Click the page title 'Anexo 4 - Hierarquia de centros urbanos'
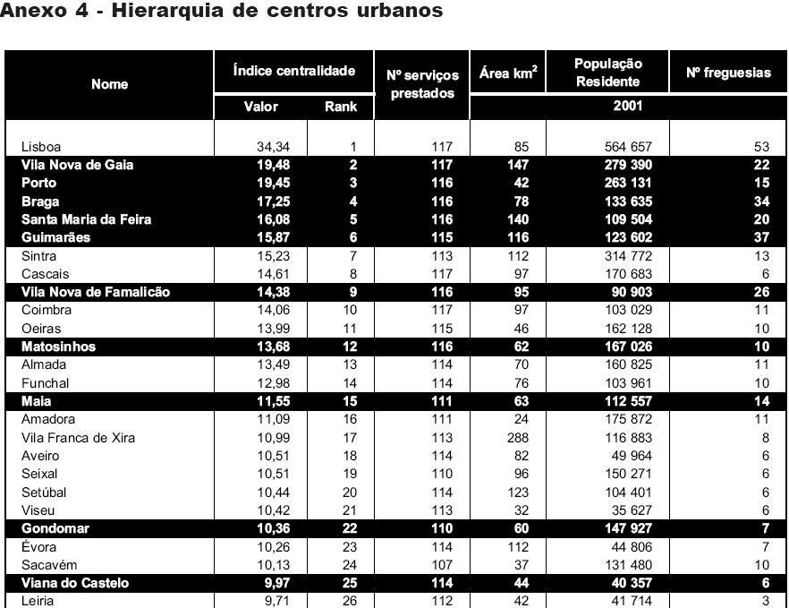(x=222, y=12)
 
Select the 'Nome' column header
(x=109, y=84)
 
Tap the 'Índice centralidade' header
(x=293, y=71)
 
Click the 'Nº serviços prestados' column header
(x=422, y=84)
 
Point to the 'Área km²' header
(x=507, y=73)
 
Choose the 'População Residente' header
(x=607, y=73)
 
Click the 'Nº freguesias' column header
(x=727, y=73)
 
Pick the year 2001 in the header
(x=626, y=106)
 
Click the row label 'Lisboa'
(x=41, y=147)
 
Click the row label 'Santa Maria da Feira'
(x=86, y=219)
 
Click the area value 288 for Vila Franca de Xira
(x=517, y=438)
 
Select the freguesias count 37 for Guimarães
(x=762, y=237)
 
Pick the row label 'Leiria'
(x=38, y=601)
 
